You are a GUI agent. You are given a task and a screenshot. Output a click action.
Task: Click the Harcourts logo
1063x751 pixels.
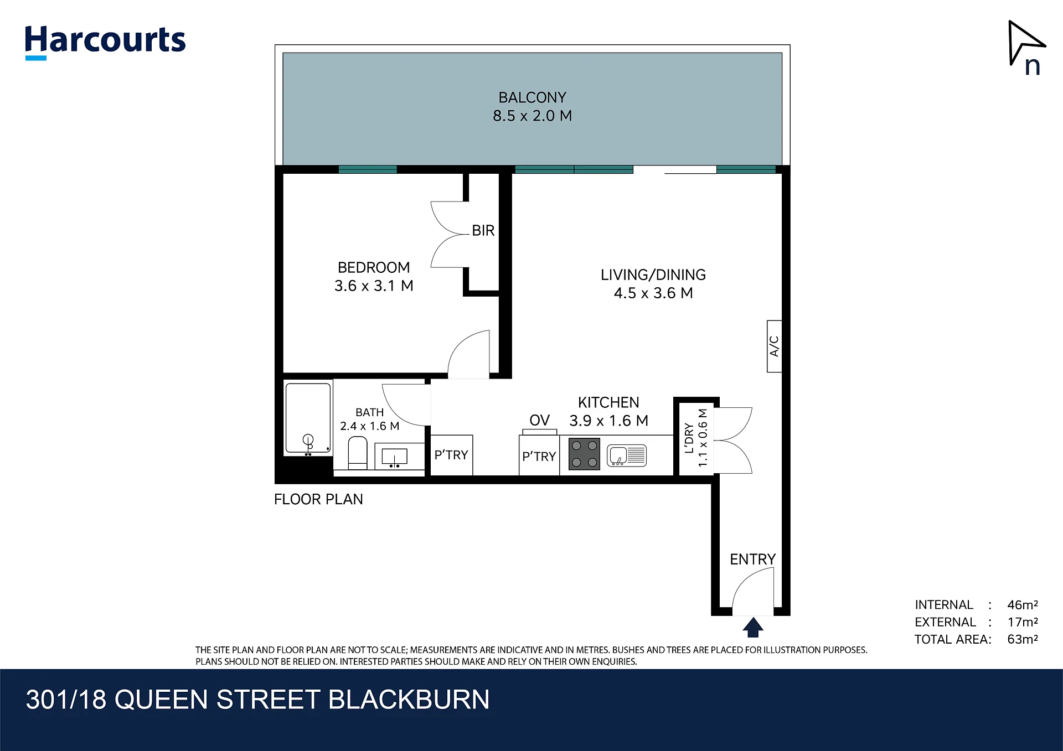click(105, 42)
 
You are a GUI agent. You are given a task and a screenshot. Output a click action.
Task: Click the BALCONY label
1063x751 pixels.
click(532, 97)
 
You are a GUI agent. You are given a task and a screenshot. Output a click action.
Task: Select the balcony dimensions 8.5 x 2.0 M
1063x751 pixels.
click(532, 116)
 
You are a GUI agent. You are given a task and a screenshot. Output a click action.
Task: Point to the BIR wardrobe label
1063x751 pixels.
click(483, 230)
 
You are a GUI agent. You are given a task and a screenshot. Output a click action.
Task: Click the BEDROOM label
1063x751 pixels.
click(374, 267)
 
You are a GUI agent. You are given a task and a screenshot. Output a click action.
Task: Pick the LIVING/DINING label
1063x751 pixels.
click(653, 274)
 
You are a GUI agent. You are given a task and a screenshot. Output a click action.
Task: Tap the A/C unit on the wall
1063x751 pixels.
click(774, 346)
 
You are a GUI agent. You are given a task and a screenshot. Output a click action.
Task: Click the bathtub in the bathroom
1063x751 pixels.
click(308, 418)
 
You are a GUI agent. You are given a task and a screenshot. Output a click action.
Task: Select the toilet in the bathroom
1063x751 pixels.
click(358, 453)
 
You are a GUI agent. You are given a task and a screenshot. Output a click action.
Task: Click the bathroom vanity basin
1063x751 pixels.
click(394, 457)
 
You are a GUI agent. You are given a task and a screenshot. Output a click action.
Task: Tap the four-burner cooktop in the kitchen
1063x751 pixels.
click(584, 454)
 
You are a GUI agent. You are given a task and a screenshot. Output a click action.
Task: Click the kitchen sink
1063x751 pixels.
click(627, 455)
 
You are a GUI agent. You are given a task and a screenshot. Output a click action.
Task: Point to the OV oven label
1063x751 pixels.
click(539, 421)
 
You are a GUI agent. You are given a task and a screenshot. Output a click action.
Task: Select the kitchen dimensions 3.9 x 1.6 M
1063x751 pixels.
click(608, 421)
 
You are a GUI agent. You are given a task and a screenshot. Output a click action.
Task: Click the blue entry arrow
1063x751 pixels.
click(752, 628)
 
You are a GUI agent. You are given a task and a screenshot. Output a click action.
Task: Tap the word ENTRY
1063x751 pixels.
click(752, 559)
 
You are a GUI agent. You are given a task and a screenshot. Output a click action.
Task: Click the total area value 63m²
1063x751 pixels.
click(1022, 639)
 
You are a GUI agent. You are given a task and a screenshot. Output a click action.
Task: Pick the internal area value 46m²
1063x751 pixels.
click(1022, 605)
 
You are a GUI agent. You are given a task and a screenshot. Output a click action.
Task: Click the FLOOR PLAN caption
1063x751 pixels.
click(318, 499)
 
